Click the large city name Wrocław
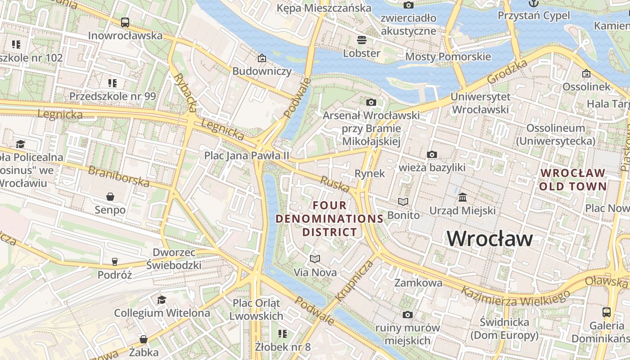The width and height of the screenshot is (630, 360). [x=490, y=238]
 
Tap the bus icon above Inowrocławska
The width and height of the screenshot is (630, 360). [x=125, y=22]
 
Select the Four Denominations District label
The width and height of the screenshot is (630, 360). [x=329, y=219]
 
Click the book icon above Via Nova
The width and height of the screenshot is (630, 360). [x=315, y=259]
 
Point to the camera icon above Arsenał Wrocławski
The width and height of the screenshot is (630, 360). [x=371, y=102]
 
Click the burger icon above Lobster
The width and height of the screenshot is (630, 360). [x=362, y=40]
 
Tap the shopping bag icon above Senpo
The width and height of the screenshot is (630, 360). [x=110, y=196]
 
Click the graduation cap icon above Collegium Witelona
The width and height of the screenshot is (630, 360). [x=162, y=300]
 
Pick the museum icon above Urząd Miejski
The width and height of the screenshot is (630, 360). [x=463, y=197]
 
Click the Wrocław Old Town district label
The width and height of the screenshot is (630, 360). [x=573, y=180]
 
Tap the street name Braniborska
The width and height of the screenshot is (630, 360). [x=119, y=176]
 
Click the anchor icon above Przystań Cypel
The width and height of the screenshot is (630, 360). [x=534, y=3]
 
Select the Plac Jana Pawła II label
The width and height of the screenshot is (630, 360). [x=247, y=155]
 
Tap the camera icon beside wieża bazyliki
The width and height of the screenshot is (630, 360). [x=432, y=154]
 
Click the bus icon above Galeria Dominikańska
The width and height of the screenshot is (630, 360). [x=607, y=312]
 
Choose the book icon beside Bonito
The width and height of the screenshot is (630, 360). [x=403, y=202]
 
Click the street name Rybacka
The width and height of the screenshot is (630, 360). [x=185, y=92]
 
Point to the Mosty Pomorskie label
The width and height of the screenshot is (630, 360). [x=448, y=57]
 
